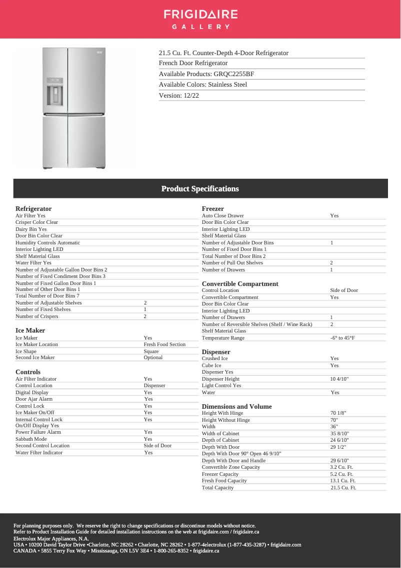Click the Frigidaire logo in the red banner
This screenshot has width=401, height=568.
(x=200, y=19)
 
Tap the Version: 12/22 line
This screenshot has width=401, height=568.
(x=179, y=95)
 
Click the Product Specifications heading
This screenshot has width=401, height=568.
(x=200, y=189)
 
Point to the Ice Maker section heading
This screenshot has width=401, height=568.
(x=30, y=331)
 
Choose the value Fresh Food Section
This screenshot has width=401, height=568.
(x=164, y=345)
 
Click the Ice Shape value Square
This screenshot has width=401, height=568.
(x=151, y=351)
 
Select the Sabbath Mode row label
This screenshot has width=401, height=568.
(x=31, y=439)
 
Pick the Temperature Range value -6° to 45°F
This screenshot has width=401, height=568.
(x=342, y=338)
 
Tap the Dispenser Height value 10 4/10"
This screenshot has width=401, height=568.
(x=339, y=379)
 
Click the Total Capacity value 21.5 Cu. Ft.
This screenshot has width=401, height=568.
(x=343, y=488)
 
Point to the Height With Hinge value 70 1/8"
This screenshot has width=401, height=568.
(x=338, y=413)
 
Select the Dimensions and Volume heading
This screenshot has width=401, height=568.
(x=236, y=407)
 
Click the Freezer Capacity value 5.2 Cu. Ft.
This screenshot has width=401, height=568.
(x=341, y=474)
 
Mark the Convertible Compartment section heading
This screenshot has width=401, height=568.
(x=240, y=284)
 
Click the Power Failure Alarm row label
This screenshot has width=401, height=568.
(x=38, y=432)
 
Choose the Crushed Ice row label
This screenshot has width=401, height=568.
(x=214, y=359)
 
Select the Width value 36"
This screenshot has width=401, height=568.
(x=334, y=427)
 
